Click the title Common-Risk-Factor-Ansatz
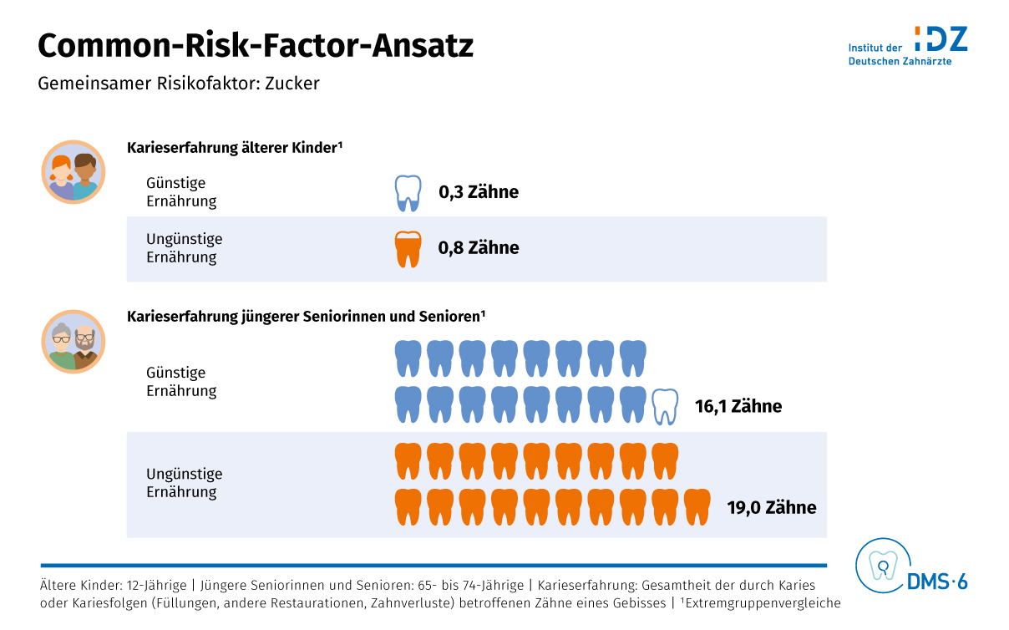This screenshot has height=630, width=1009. [256, 46]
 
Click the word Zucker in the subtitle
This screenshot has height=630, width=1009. [292, 84]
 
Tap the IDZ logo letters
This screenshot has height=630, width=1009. [941, 38]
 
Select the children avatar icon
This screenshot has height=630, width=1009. [74, 172]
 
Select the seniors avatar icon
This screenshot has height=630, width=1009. [74, 342]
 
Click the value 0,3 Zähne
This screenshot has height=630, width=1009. [479, 192]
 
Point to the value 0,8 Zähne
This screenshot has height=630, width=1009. [479, 248]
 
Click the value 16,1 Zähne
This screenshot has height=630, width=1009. [738, 407]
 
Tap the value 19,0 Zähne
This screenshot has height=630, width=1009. [772, 508]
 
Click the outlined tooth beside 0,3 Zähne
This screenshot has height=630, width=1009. [408, 193]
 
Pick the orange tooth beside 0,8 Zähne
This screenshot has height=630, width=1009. [408, 248]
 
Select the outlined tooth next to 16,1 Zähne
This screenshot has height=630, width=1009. [665, 406]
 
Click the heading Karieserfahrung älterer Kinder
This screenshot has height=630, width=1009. [236, 148]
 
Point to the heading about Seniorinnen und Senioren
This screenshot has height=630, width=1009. [307, 317]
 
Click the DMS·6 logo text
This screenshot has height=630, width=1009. [937, 582]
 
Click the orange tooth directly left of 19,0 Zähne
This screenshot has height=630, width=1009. [697, 507]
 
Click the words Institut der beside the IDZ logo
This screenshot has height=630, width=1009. [875, 48]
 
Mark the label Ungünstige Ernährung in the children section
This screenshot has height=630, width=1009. [184, 248]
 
